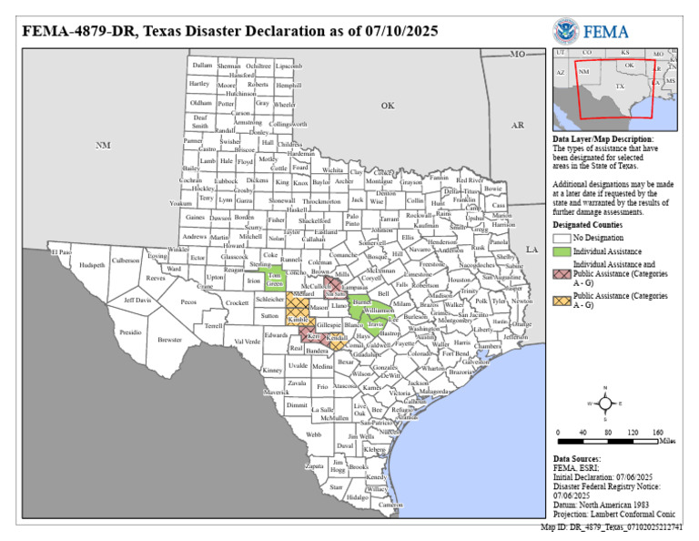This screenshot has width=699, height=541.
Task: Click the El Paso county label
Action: click(61, 251)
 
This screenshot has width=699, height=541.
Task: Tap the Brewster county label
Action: click(169, 339)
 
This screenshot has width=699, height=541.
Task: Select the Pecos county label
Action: click(188, 301)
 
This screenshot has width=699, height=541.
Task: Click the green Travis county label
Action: click(376, 323)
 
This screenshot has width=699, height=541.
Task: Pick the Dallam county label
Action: click(202, 66)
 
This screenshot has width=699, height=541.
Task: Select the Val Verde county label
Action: click(247, 342)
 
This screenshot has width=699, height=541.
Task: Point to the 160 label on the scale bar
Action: click(657, 432)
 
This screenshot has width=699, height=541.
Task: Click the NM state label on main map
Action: click(103, 145)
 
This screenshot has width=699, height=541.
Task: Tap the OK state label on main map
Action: click(388, 106)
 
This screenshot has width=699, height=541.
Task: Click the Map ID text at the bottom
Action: click(618, 526)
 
